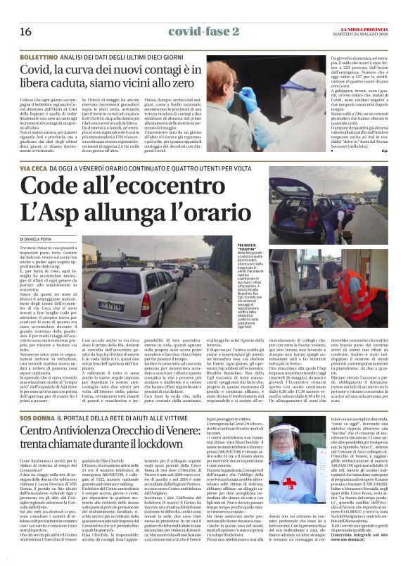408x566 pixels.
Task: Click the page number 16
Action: (25, 32)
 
